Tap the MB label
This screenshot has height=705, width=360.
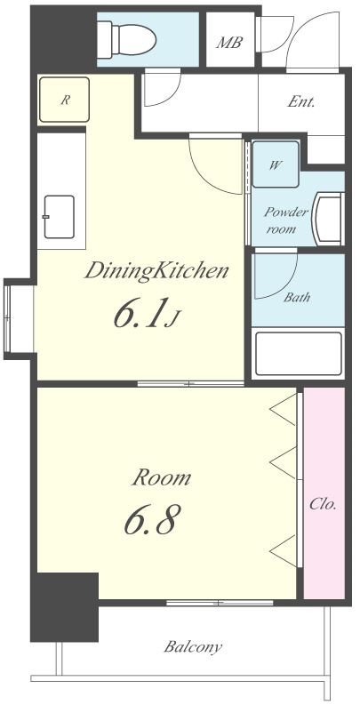click(229, 43)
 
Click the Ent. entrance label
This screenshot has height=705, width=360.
click(300, 102)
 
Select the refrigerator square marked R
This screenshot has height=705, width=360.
click(64, 100)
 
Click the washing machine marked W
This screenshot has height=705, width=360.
click(275, 164)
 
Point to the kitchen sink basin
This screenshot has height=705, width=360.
click(59, 217)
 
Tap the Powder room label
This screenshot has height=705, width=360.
click(286, 220)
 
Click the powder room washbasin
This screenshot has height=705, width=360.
click(329, 219)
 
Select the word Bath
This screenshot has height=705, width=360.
click(297, 297)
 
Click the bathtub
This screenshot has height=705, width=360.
click(299, 354)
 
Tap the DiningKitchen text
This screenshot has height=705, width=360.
click(156, 271)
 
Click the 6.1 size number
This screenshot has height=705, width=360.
click(138, 313)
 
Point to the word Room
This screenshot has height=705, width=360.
click(162, 477)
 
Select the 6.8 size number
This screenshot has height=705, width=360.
click(152, 519)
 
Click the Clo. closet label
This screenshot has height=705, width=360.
click(323, 504)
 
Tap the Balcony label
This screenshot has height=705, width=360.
click(193, 647)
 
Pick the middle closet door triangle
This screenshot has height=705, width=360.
click(284, 463)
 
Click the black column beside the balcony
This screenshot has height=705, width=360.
click(64, 607)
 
